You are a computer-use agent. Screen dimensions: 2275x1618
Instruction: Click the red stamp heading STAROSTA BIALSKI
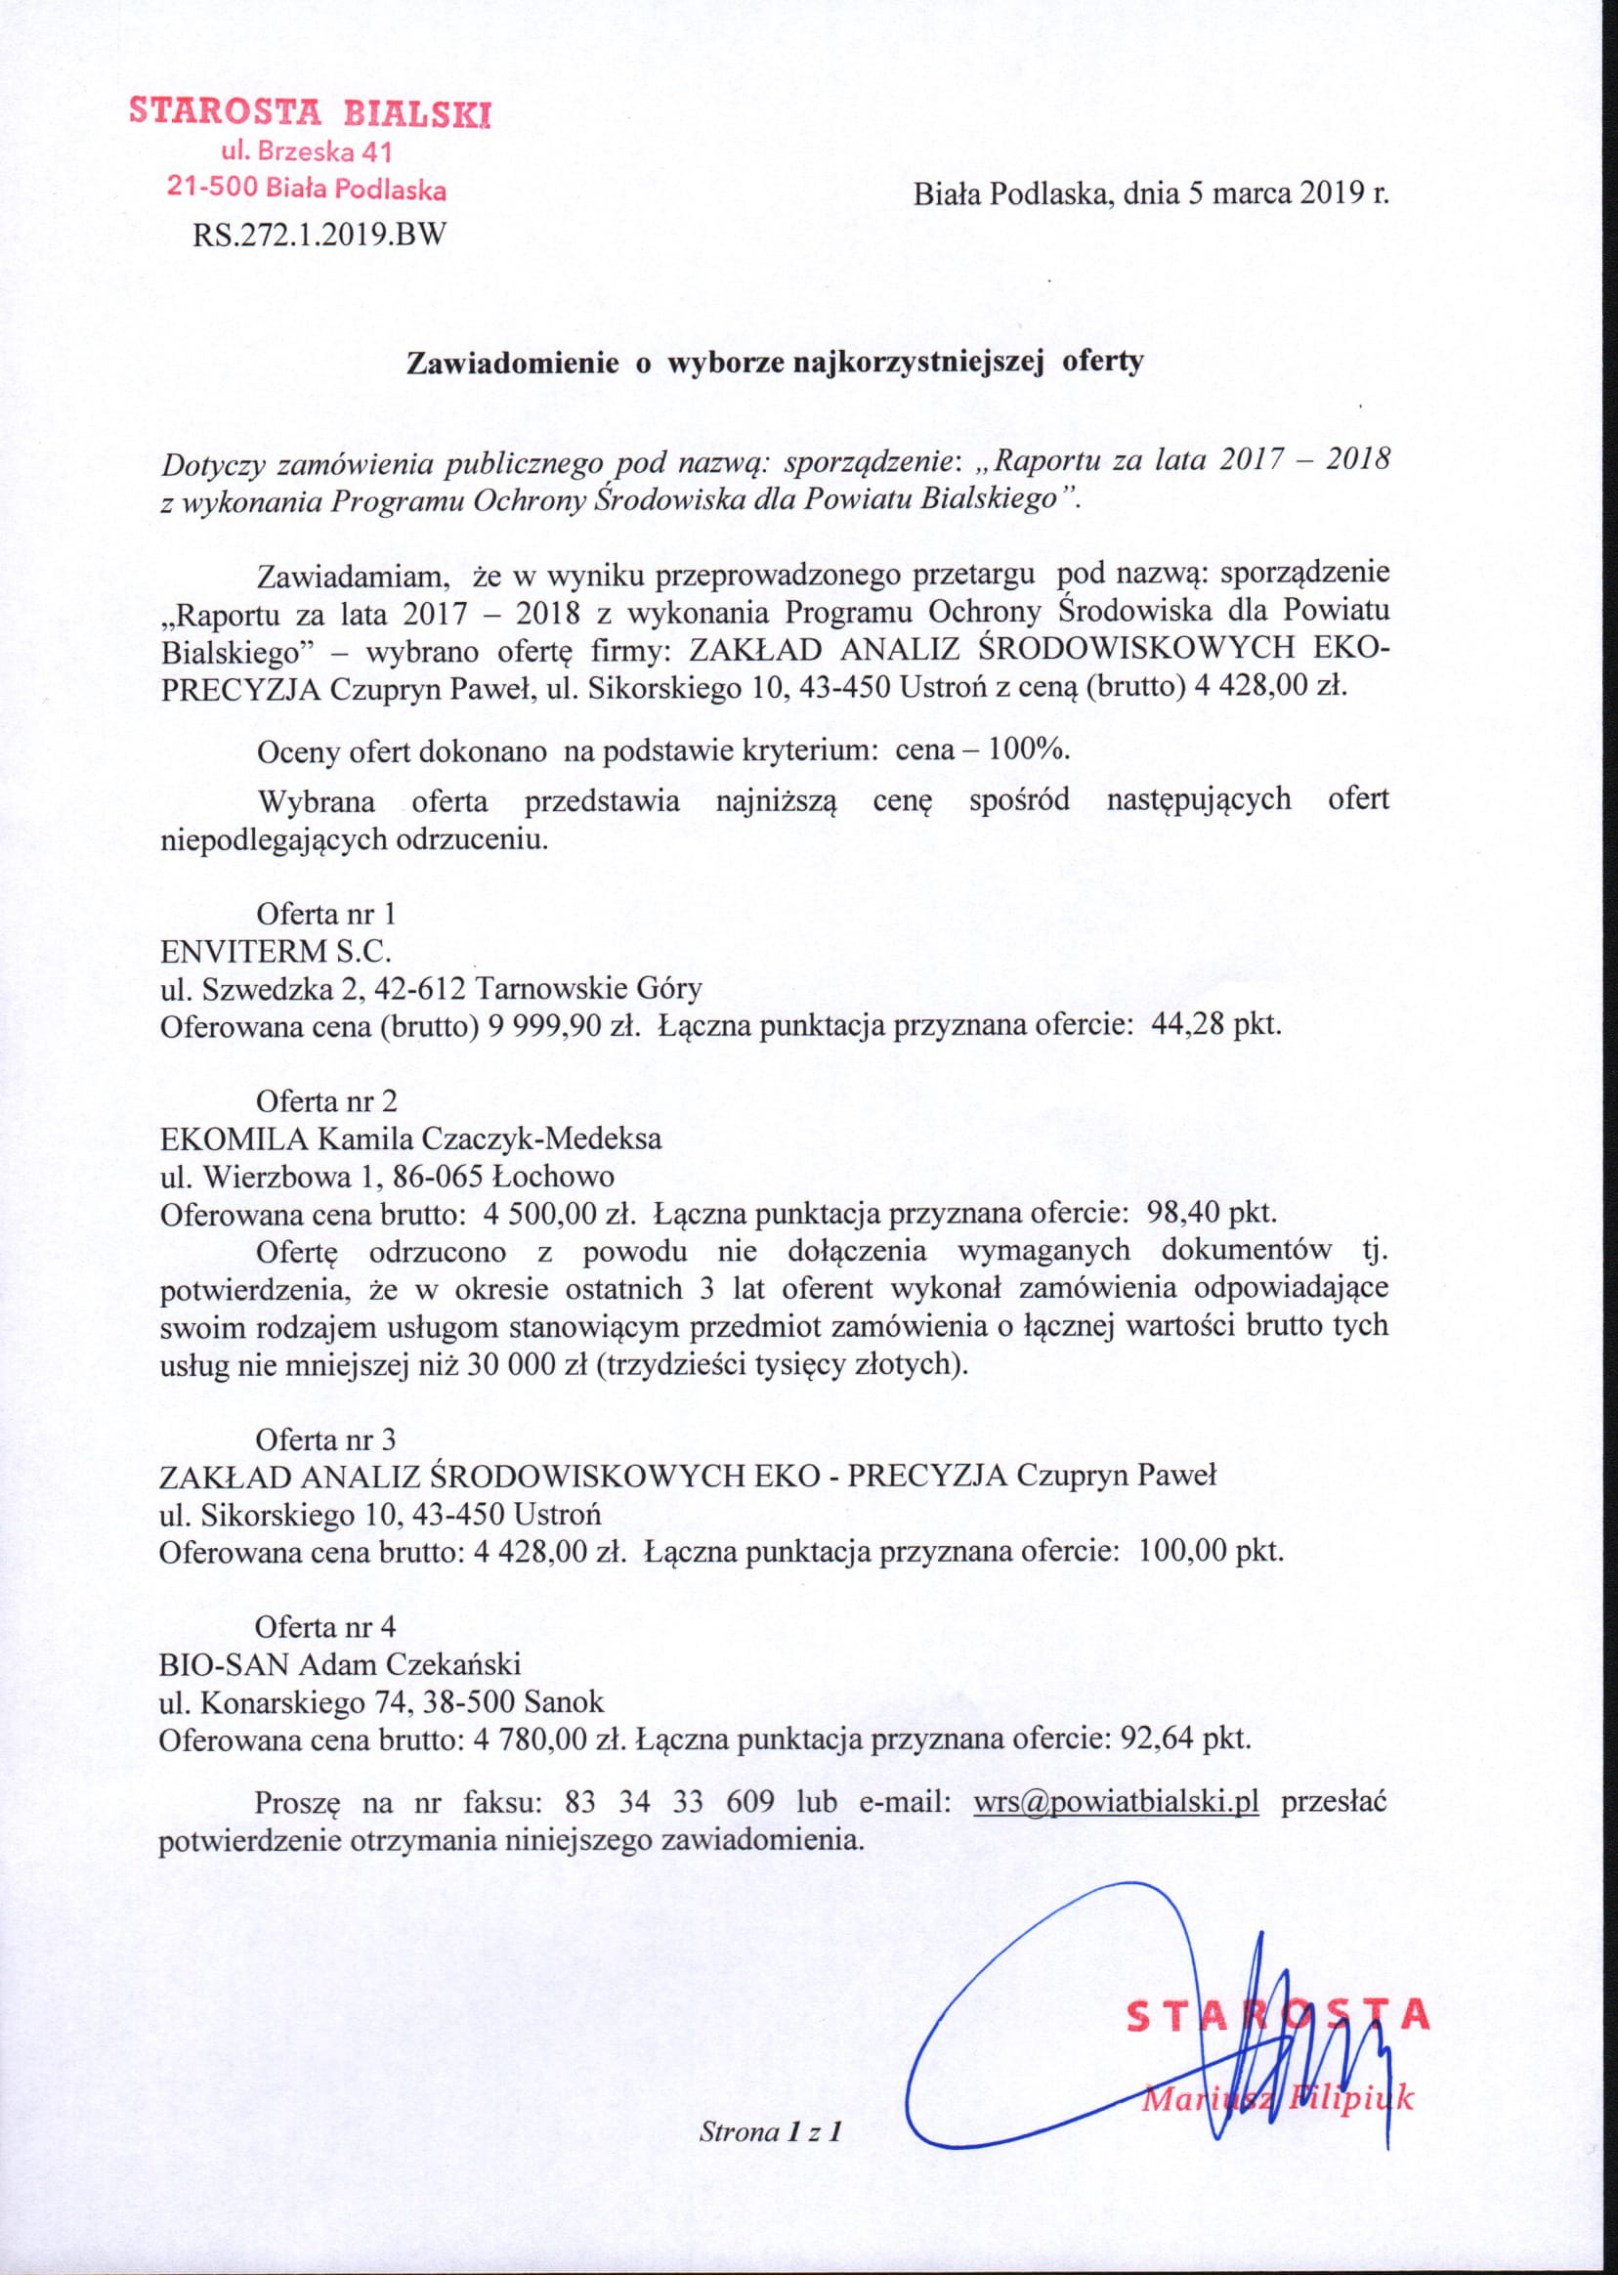pos(310,111)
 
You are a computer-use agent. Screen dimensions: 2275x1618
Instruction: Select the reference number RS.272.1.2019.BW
pos(319,236)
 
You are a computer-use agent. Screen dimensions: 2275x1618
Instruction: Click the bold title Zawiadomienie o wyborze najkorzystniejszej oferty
pos(775,362)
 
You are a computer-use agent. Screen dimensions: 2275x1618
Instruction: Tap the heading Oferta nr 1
pos(326,913)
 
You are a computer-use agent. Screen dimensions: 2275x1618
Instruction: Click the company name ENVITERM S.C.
pos(277,951)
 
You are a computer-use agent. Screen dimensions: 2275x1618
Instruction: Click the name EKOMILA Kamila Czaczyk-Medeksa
pos(410,1138)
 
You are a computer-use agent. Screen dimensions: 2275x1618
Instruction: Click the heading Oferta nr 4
pos(326,1626)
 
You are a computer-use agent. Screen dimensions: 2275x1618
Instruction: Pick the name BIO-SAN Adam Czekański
pos(340,1664)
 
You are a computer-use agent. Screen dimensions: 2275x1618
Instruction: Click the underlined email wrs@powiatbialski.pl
pos(1116,1802)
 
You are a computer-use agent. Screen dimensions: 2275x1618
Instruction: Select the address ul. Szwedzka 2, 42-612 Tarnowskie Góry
pos(432,989)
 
